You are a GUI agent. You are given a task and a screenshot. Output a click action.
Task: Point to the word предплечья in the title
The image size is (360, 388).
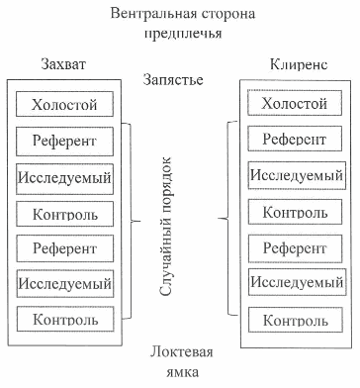pyautogui.click(x=181, y=32)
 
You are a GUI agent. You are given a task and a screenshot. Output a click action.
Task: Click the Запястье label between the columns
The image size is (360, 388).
pyautogui.click(x=180, y=79)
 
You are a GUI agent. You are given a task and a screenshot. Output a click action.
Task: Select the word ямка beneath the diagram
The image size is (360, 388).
pyautogui.click(x=181, y=372)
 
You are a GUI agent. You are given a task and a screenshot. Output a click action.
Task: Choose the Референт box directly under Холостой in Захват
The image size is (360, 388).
pyautogui.click(x=64, y=142)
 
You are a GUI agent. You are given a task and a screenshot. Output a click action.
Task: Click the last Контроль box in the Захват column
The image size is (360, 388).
pyautogui.click(x=64, y=320)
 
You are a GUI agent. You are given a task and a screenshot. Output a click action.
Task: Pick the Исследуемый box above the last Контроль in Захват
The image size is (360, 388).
pyautogui.click(x=64, y=284)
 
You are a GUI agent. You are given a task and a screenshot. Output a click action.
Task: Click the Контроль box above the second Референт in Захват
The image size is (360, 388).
pyautogui.click(x=64, y=213)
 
